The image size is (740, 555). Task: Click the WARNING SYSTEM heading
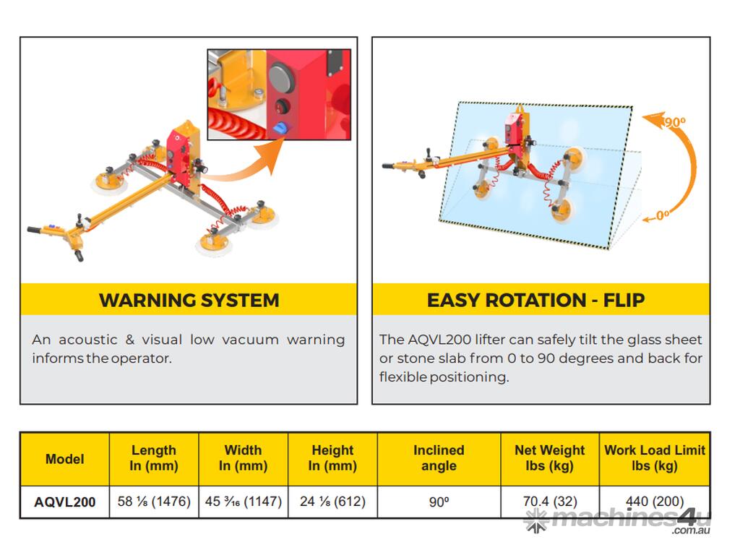click(189, 300)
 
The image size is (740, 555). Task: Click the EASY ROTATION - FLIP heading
click(535, 300)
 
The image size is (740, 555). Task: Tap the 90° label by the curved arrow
click(676, 122)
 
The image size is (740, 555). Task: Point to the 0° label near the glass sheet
click(662, 215)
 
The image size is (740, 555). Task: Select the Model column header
click(64, 459)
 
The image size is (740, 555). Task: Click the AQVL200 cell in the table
click(64, 502)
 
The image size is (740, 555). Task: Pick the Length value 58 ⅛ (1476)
click(154, 502)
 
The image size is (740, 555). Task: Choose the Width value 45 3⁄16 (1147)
click(243, 502)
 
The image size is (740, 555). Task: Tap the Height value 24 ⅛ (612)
click(332, 502)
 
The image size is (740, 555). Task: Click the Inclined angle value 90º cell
click(439, 502)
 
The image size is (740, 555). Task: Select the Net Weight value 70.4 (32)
click(550, 502)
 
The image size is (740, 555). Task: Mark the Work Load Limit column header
click(655, 457)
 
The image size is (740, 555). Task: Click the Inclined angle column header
click(439, 457)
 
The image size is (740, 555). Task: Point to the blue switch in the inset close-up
click(281, 127)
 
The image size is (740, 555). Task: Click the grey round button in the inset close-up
click(282, 77)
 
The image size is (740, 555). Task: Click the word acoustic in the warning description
click(87, 340)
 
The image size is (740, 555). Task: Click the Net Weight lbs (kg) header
click(550, 457)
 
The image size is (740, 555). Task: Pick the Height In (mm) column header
click(332, 457)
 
